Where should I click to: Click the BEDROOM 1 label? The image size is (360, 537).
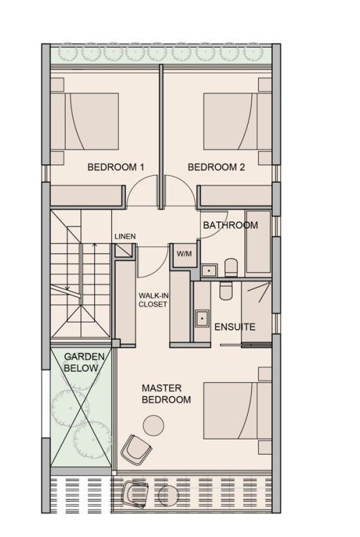pyautogui.click(x=115, y=167)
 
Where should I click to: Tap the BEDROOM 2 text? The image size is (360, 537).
pyautogui.click(x=216, y=167)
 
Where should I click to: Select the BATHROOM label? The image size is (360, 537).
pyautogui.click(x=230, y=225)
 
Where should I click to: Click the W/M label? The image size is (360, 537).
pyautogui.click(x=184, y=253)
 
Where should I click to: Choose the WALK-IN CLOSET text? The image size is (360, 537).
pyautogui.click(x=152, y=300)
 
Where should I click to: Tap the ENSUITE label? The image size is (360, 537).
pyautogui.click(x=235, y=327)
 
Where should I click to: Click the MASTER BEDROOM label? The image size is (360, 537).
pyautogui.click(x=166, y=394)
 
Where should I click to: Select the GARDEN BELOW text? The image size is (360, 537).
pyautogui.click(x=84, y=362)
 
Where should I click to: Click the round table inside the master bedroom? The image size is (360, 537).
pyautogui.click(x=152, y=424)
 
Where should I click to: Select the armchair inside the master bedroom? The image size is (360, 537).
pyautogui.click(x=135, y=450)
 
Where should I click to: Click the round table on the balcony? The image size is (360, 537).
pyautogui.click(x=168, y=496)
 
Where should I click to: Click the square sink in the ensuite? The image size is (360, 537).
pyautogui.click(x=202, y=318)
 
